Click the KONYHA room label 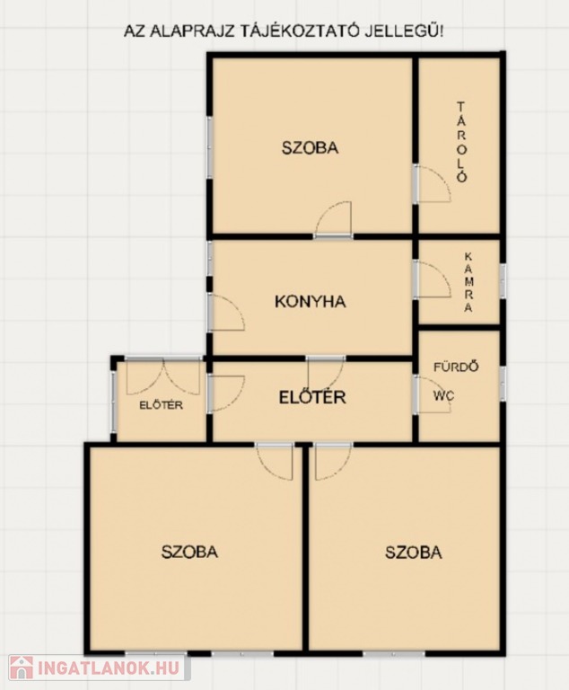coord(311,302)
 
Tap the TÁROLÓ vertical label coord(460,142)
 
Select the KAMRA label coord(468,282)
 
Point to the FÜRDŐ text coord(456,367)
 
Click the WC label coord(443,395)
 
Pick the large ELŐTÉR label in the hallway coord(312,397)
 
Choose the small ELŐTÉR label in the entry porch coord(161,405)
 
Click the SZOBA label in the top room coord(311,147)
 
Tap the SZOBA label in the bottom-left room coord(189,552)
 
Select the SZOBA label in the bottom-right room coord(414,552)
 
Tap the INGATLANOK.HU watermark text coord(109,668)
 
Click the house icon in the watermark coord(22,668)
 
